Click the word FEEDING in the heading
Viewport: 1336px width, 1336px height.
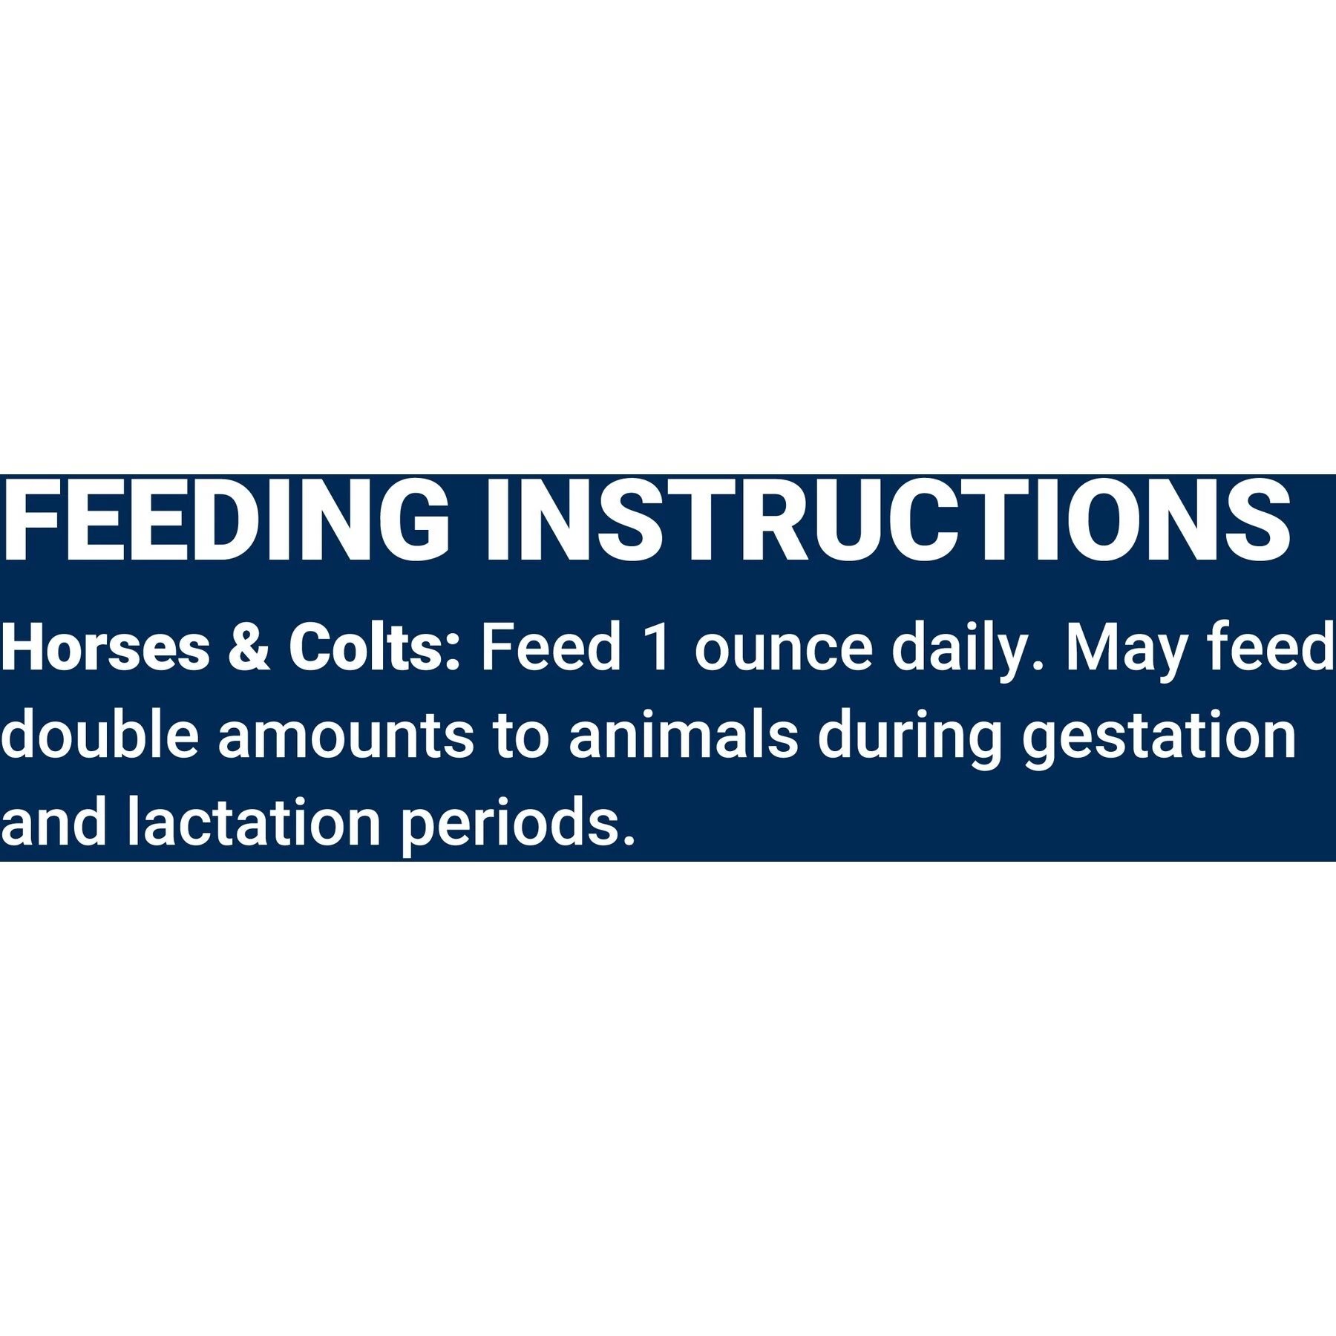[x=226, y=521]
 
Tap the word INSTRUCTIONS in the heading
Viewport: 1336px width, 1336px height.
[x=887, y=521]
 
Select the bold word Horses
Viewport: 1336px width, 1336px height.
[x=105, y=648]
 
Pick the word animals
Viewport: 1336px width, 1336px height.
[x=683, y=735]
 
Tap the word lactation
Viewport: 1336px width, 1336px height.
[x=253, y=822]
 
